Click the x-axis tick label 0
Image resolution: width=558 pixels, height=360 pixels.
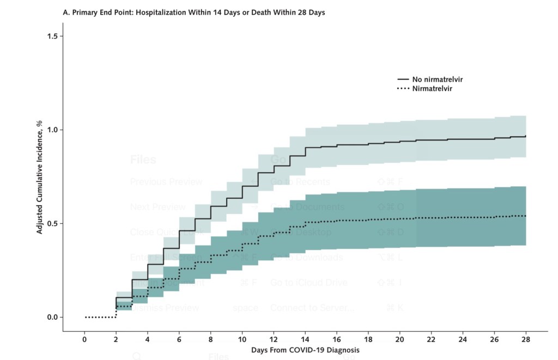84,339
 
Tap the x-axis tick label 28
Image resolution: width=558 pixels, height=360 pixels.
526,339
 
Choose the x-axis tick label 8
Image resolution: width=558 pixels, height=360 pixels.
211,339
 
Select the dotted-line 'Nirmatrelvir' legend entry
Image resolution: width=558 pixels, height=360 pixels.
432,88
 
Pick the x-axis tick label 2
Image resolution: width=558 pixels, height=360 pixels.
116,339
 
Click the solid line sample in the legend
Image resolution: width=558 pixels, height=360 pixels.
403,80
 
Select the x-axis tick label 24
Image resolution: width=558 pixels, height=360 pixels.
463,339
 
